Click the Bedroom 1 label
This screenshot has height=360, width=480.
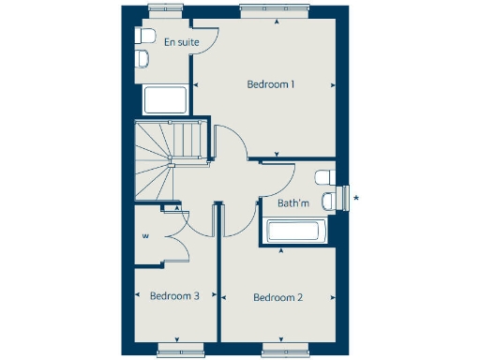coord(271,84)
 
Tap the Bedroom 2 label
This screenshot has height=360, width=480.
coord(278,298)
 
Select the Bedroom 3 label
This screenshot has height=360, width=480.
coord(174,296)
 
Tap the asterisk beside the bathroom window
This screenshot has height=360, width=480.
coord(355,197)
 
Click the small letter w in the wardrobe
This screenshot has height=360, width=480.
coord(145,235)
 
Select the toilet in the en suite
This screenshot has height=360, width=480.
coord(145,37)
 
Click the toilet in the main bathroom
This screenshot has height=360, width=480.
coord(324,177)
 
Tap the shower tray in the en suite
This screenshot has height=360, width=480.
coord(167,99)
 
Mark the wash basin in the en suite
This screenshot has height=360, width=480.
coord(142,59)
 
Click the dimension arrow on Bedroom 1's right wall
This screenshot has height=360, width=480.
coord(333,85)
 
